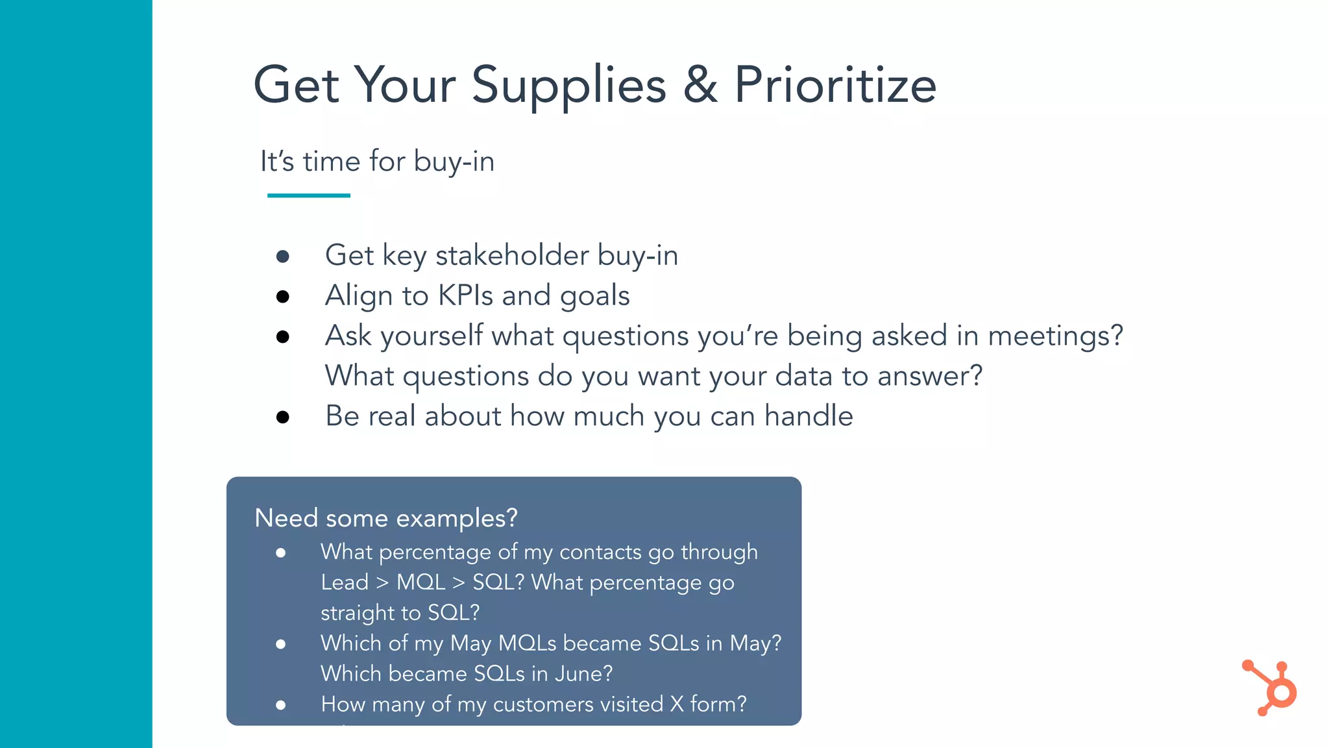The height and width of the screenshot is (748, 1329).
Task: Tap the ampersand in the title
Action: (x=700, y=85)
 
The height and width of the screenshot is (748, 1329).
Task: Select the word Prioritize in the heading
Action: (x=835, y=85)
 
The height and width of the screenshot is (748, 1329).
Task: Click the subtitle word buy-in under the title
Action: (x=454, y=161)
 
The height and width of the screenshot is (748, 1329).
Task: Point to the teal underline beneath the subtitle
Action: (x=309, y=195)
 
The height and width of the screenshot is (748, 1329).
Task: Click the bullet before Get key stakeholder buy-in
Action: (x=282, y=256)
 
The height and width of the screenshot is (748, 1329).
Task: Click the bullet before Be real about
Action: (x=282, y=417)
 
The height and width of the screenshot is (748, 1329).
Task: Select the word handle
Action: (x=809, y=416)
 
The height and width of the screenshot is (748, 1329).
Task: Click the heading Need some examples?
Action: (x=386, y=518)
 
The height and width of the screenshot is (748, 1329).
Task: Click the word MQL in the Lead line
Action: (x=421, y=582)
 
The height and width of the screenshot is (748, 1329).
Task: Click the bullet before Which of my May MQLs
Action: (x=280, y=644)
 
